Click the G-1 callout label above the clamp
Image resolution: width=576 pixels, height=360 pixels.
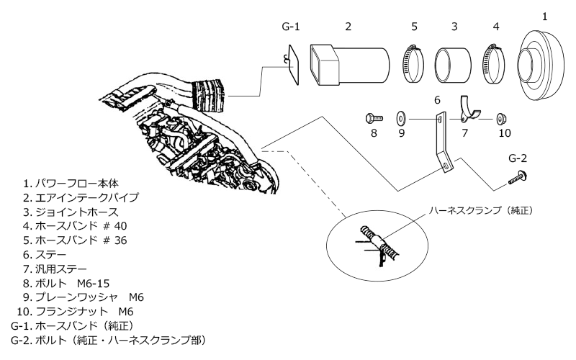(x=291, y=27)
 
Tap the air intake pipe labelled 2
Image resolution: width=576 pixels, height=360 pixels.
(x=350, y=65)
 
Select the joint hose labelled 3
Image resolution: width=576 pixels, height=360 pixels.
(x=453, y=65)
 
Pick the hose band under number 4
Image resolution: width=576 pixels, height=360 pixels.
(x=493, y=63)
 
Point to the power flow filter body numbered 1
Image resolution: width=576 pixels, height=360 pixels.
(x=540, y=65)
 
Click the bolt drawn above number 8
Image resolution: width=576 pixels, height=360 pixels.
(x=374, y=118)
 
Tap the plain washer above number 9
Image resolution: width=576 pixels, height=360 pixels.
(x=401, y=119)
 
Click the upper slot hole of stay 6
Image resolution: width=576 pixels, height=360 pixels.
(x=440, y=120)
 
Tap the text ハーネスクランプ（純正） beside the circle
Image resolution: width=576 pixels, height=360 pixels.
(x=481, y=210)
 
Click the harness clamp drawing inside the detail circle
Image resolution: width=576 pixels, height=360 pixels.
(x=380, y=243)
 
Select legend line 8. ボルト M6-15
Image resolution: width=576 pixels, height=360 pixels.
(x=66, y=283)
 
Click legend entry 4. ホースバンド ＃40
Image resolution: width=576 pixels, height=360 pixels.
(x=75, y=226)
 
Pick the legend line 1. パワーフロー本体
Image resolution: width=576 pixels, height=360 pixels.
(x=71, y=184)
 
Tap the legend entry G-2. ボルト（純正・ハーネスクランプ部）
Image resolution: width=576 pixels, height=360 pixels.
(x=108, y=340)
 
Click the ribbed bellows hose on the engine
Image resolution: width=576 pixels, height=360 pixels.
(x=208, y=95)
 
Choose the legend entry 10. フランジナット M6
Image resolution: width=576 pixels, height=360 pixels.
(x=75, y=312)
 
